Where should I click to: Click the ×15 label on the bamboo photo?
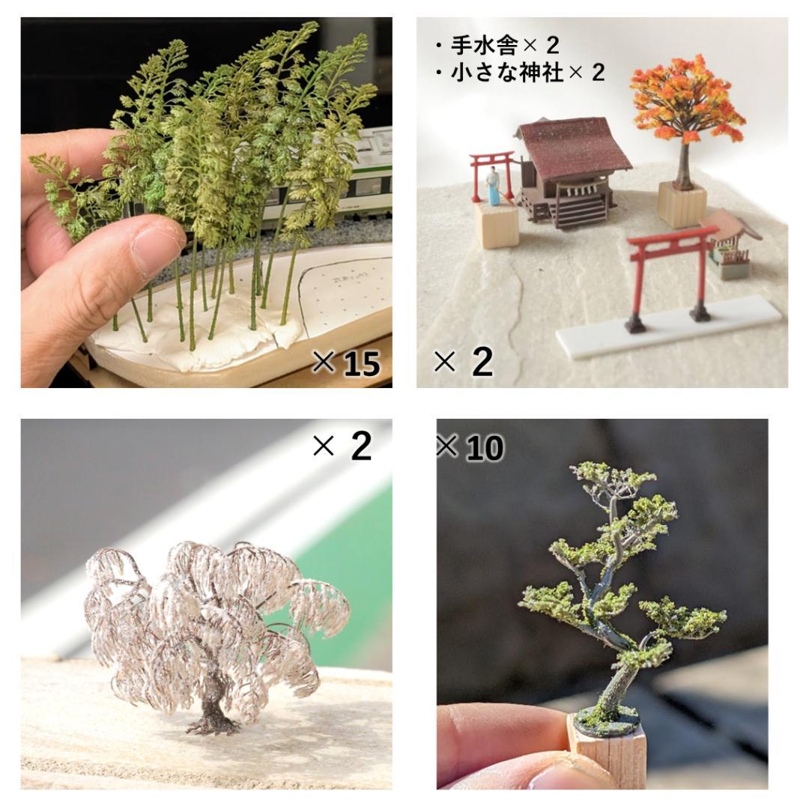[x=346, y=363]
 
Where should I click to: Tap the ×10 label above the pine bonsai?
[x=470, y=448]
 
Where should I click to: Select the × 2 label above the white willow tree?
[x=342, y=446]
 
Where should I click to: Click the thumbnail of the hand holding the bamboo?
[x=206, y=202]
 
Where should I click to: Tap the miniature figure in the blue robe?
[x=492, y=186]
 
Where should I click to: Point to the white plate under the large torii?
[x=667, y=326]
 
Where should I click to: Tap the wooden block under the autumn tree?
[x=682, y=203]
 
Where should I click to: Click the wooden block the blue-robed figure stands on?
[x=496, y=225]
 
